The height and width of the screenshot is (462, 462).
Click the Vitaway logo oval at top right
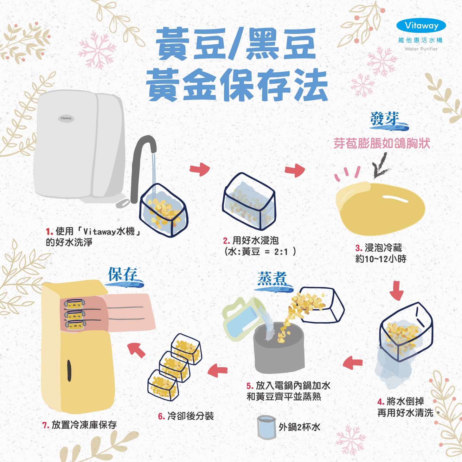click(x=421, y=26)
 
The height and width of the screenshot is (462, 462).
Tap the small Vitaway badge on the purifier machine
click(x=66, y=118)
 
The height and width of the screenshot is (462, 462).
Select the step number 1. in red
click(x=49, y=232)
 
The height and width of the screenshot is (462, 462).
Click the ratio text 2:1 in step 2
click(x=281, y=252)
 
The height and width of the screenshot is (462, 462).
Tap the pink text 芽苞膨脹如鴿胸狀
click(x=382, y=144)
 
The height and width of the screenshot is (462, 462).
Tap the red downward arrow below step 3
click(x=396, y=290)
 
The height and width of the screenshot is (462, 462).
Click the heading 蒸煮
click(x=272, y=279)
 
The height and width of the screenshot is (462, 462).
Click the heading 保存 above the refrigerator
click(x=123, y=274)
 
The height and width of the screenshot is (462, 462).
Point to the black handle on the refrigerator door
click(x=69, y=370)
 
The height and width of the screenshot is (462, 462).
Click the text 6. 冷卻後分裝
click(x=186, y=416)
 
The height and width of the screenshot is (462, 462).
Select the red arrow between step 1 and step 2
click(x=200, y=170)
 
